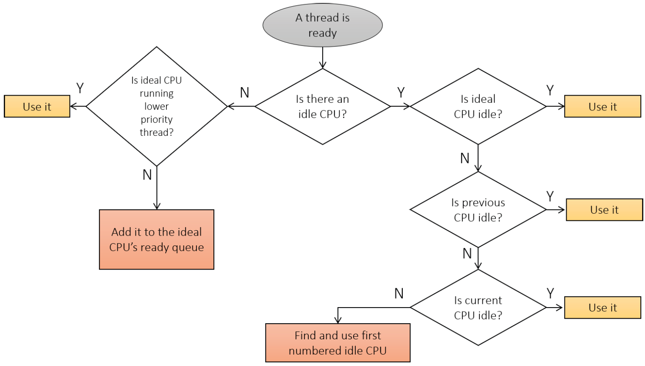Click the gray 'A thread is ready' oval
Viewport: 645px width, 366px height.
[x=323, y=25]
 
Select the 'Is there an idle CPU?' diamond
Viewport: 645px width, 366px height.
[x=323, y=107]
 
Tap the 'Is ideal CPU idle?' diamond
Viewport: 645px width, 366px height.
[x=478, y=107]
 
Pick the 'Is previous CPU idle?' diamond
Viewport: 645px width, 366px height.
[x=478, y=210]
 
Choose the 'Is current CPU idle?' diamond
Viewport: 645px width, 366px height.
[x=478, y=308]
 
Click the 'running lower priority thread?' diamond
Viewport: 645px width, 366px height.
[x=157, y=107]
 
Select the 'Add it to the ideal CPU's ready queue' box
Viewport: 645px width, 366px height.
[x=157, y=239]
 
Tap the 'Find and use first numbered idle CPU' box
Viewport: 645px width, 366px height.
[x=338, y=343]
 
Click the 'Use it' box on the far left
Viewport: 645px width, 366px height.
[x=37, y=107]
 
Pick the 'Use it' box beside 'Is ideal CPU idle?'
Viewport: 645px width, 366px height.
[x=603, y=107]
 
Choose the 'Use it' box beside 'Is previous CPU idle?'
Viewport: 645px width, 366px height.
[x=604, y=210]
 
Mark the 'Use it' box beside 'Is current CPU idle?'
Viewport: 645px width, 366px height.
[x=603, y=308]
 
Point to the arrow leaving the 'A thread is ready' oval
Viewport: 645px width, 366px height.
[x=323, y=58]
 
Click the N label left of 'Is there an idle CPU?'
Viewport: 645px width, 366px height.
[x=244, y=93]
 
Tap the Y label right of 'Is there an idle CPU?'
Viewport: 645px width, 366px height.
[x=401, y=93]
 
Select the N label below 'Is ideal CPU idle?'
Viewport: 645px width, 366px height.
[x=465, y=158]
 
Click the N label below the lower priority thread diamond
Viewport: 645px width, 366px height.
[x=147, y=175]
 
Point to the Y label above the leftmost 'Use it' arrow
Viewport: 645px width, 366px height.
[x=80, y=88]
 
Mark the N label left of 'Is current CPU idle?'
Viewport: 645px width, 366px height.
[x=399, y=294]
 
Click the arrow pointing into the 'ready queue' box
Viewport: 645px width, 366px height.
[x=157, y=188]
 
